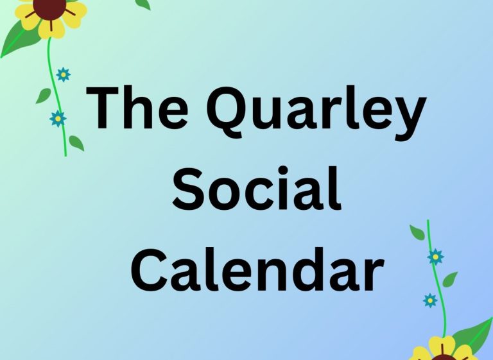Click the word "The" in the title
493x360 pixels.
(137, 108)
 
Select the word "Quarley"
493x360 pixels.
(316, 112)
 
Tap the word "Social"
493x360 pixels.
(257, 188)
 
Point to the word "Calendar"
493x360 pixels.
(257, 270)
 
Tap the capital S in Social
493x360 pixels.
(189, 189)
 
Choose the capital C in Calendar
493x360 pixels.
(150, 270)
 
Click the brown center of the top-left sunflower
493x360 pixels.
(49, 7)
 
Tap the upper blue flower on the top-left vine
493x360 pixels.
(64, 75)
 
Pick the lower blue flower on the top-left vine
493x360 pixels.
(58, 119)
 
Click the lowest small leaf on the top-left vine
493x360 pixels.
(76, 143)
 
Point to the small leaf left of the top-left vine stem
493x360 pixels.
(44, 96)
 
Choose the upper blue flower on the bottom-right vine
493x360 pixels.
(435, 257)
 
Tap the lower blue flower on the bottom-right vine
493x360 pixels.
(430, 300)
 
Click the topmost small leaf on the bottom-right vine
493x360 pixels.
(417, 232)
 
